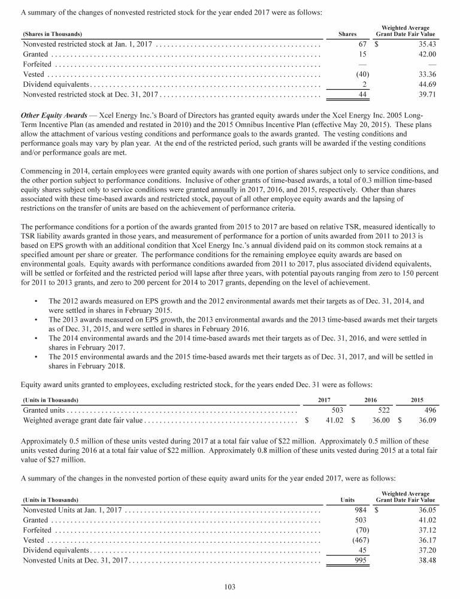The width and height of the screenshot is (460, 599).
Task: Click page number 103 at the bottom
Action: pyautogui.click(x=230, y=586)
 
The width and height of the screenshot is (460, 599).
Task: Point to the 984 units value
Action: pyautogui.click(x=361, y=510)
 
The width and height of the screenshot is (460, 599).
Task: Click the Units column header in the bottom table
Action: pyautogui.click(x=347, y=500)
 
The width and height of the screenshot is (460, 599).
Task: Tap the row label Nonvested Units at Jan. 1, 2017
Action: pyautogui.click(x=72, y=510)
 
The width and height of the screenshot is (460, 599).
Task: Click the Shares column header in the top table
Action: pyautogui.click(x=349, y=34)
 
